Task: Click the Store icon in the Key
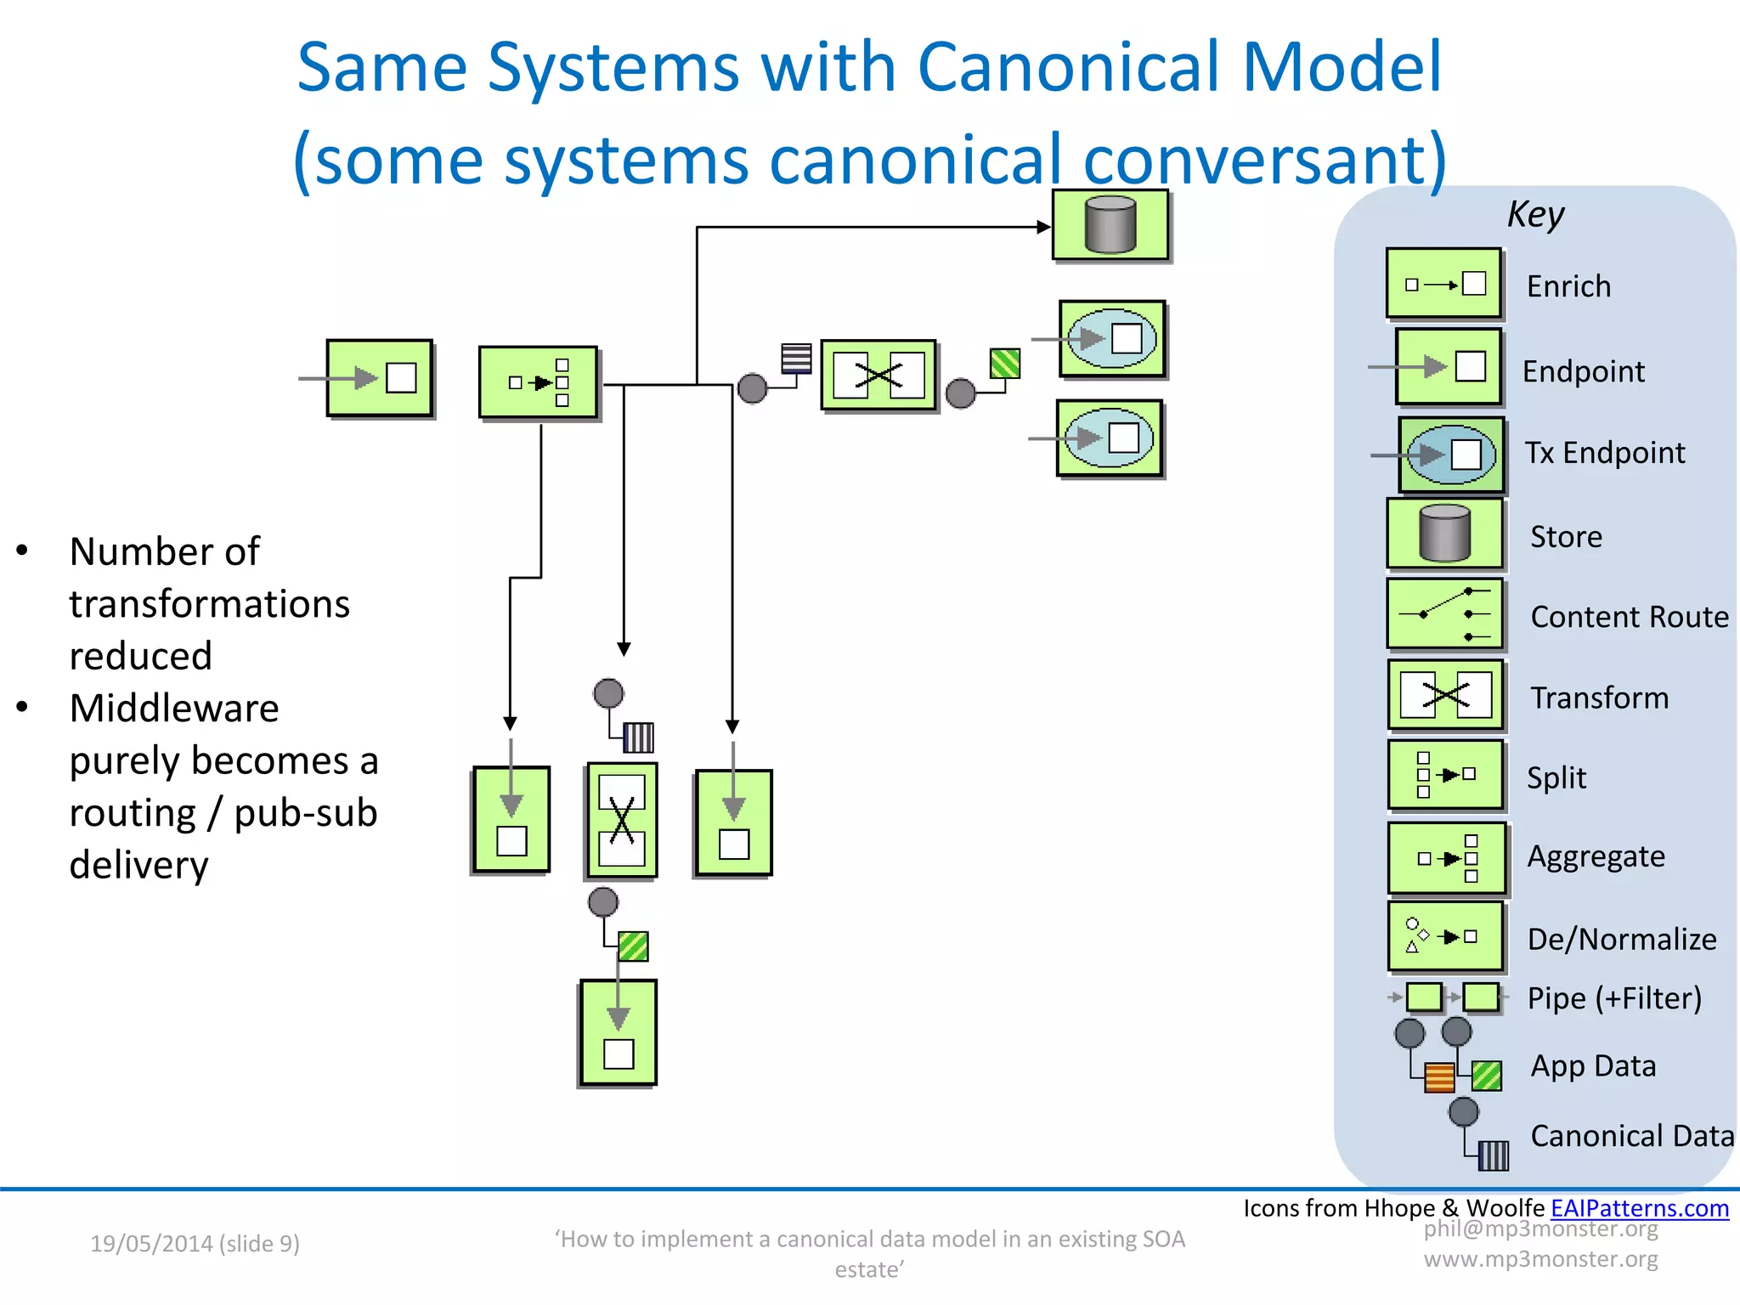click(x=1444, y=534)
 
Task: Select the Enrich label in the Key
click(x=1568, y=287)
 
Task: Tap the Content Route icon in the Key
click(x=1444, y=613)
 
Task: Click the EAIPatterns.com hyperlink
click(x=1639, y=1208)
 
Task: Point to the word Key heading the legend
click(x=1535, y=214)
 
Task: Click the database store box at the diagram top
click(x=1110, y=225)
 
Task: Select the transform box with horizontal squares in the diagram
click(x=878, y=376)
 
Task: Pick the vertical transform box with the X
click(x=622, y=820)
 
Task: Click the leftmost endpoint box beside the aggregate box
click(x=380, y=378)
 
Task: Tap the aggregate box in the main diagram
click(x=538, y=382)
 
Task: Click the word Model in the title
click(x=1342, y=68)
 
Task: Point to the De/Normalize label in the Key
click(x=1621, y=940)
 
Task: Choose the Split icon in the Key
click(x=1444, y=775)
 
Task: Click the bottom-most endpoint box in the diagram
click(x=619, y=1032)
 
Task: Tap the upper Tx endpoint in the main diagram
click(x=1112, y=339)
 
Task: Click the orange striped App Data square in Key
click(x=1439, y=1077)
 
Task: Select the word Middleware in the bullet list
click(x=174, y=709)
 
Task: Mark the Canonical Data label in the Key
click(x=1631, y=1137)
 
